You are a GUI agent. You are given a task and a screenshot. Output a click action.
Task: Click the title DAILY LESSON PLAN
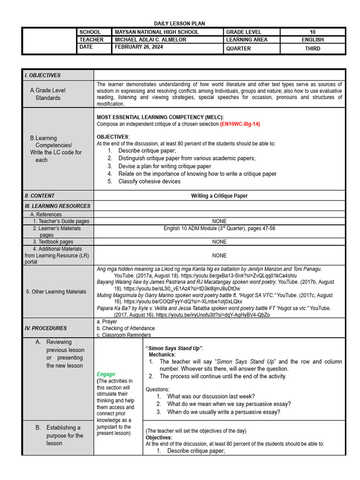pos(180,23)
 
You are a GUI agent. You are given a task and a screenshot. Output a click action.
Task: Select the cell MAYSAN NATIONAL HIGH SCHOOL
pos(157,32)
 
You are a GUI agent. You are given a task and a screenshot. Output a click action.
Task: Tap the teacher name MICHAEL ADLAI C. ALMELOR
pos(150,40)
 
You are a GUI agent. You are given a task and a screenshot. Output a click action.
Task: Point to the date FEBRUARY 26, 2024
pos(139,47)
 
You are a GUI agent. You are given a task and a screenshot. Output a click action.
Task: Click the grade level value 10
pos(313,32)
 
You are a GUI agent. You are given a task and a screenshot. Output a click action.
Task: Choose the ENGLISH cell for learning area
pos(313,40)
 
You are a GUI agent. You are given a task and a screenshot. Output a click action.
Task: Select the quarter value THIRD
pos(313,48)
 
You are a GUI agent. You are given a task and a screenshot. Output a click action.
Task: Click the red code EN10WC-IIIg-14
pos(240,124)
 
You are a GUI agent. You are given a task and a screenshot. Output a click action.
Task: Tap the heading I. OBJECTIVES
pos(43,75)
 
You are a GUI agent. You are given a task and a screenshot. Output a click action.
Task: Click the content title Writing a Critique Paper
pos(219,196)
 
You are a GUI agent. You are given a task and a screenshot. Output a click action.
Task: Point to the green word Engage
pos(106,374)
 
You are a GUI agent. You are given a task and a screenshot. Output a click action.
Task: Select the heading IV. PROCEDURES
pos(46,328)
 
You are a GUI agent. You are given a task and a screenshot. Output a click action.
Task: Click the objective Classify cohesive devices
pos(149,181)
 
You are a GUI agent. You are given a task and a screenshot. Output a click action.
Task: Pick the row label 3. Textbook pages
pos(53,242)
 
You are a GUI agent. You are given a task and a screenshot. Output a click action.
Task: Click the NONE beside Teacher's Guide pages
pos(219,221)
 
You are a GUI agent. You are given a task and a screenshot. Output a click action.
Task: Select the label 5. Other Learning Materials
pos(56,292)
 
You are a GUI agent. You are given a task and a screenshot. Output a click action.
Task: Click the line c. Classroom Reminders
pos(124,335)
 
